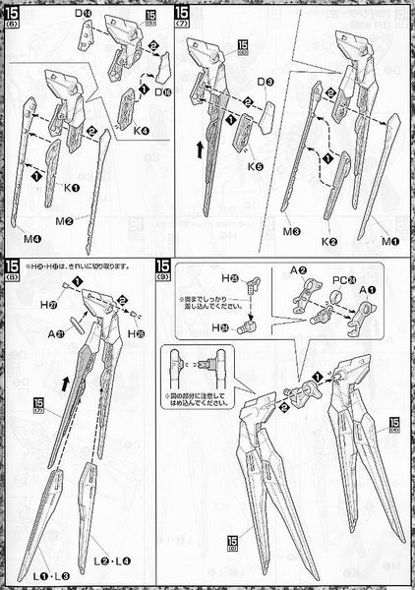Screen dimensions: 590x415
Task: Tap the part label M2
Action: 91,220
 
